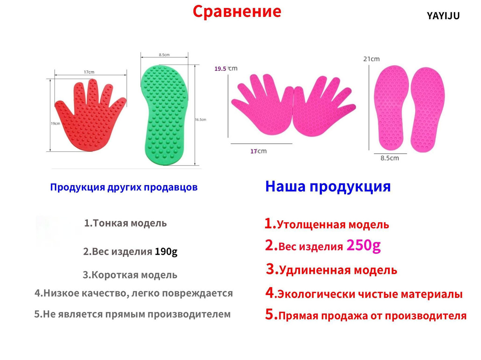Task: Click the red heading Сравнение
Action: coord(237,12)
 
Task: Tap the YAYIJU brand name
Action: coord(443,16)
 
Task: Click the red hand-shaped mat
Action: coord(90,115)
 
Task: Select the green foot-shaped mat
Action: coord(164,115)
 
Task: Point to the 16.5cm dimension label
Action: coord(200,119)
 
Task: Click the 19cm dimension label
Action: coord(55,123)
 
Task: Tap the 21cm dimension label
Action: coord(372,59)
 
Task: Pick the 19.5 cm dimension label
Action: coord(226,68)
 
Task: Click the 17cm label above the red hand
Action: coord(89,72)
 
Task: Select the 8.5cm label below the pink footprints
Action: coord(390,158)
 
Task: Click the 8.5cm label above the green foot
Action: coord(164,55)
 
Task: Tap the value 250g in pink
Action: coord(364,245)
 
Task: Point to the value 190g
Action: coord(166,251)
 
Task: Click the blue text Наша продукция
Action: coord(328,187)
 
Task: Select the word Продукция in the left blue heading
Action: coord(78,187)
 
